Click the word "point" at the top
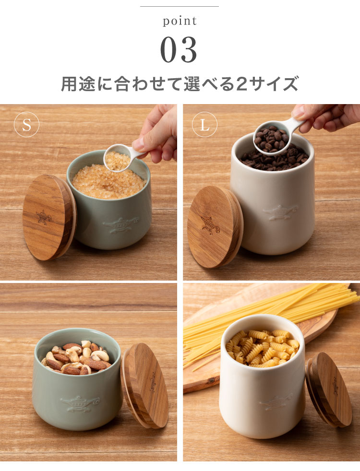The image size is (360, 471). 180,22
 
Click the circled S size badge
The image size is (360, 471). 26,125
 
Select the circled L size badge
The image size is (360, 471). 205,125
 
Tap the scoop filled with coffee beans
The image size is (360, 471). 272,138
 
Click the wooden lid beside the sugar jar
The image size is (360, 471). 48,217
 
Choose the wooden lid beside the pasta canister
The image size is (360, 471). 330,389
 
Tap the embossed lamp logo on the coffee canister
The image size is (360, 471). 280,212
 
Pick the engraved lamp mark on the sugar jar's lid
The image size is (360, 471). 44,217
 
